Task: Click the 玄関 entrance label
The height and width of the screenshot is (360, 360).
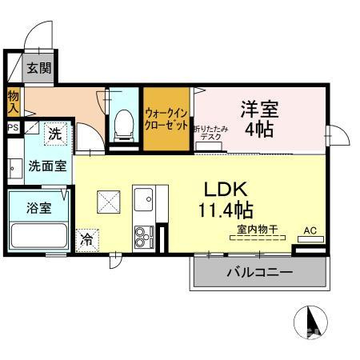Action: coord(38,68)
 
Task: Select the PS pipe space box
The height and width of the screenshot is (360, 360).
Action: coord(13,127)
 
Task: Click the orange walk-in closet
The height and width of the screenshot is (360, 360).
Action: coord(166,117)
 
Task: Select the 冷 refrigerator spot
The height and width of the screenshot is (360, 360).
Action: coord(86,238)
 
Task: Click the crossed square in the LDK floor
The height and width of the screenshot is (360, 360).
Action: coord(108,202)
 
